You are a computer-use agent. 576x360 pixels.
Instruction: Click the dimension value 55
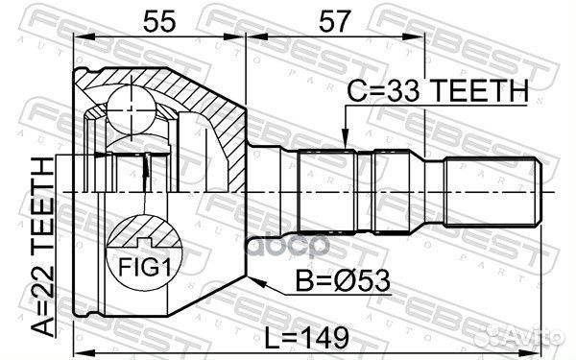159,21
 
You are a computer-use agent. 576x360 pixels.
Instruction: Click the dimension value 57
333,21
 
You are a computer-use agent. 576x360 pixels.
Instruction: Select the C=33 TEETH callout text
437,91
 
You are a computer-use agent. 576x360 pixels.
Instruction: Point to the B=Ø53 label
343,280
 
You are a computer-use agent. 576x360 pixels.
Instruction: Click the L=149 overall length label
307,338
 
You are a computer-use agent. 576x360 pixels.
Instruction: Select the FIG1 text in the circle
145,267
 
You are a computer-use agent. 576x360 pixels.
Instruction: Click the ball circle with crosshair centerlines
132,109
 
